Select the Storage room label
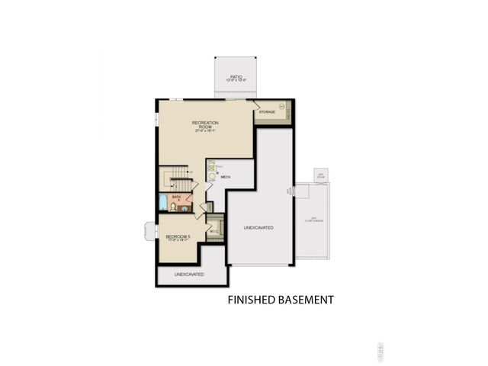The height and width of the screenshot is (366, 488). click(266, 112)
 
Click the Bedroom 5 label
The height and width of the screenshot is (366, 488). click(177, 238)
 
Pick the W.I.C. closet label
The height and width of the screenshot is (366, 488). click(214, 231)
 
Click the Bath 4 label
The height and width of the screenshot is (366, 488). click(177, 200)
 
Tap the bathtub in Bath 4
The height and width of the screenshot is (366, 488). click(162, 202)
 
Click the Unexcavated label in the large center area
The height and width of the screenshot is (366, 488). click(258, 228)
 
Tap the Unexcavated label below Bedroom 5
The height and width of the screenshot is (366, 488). click(189, 274)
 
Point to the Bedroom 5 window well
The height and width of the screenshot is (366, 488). click(149, 231)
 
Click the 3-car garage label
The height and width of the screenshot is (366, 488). click(313, 220)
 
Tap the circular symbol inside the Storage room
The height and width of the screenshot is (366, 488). click(282, 104)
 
